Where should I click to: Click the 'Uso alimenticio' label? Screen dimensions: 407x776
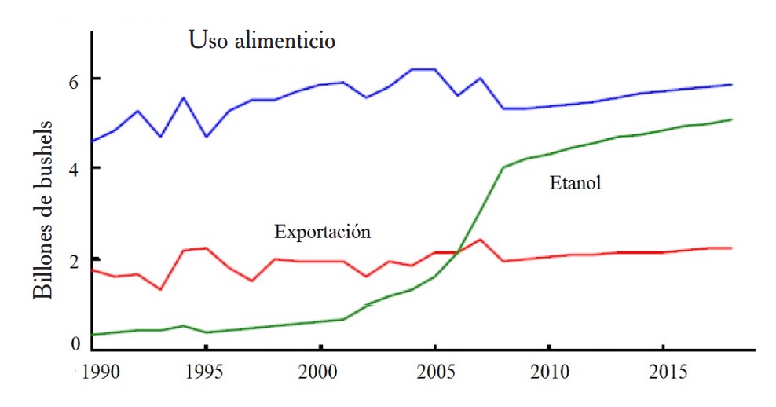[x=262, y=40]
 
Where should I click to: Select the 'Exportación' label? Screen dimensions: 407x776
[x=322, y=232]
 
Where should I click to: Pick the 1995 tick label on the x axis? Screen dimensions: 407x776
[x=207, y=368]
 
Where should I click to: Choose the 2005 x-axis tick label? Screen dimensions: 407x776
[x=435, y=368]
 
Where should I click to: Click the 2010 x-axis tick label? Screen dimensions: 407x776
[x=549, y=368]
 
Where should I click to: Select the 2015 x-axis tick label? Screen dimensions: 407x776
[x=663, y=368]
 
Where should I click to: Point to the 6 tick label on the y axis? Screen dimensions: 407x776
[x=75, y=79]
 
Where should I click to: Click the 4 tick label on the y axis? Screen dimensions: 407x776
[x=75, y=169]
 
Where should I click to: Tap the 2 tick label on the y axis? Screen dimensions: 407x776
[x=75, y=259]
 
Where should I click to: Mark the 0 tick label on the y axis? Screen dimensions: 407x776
[x=75, y=343]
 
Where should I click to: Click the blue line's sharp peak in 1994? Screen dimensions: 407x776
[x=183, y=97]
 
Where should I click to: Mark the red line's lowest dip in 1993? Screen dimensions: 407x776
[x=160, y=289]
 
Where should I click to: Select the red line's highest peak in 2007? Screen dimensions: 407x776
[x=480, y=239]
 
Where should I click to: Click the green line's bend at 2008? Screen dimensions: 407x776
[x=503, y=167]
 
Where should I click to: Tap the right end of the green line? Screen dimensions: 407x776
[x=732, y=119]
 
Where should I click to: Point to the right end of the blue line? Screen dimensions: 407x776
[x=732, y=84]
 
